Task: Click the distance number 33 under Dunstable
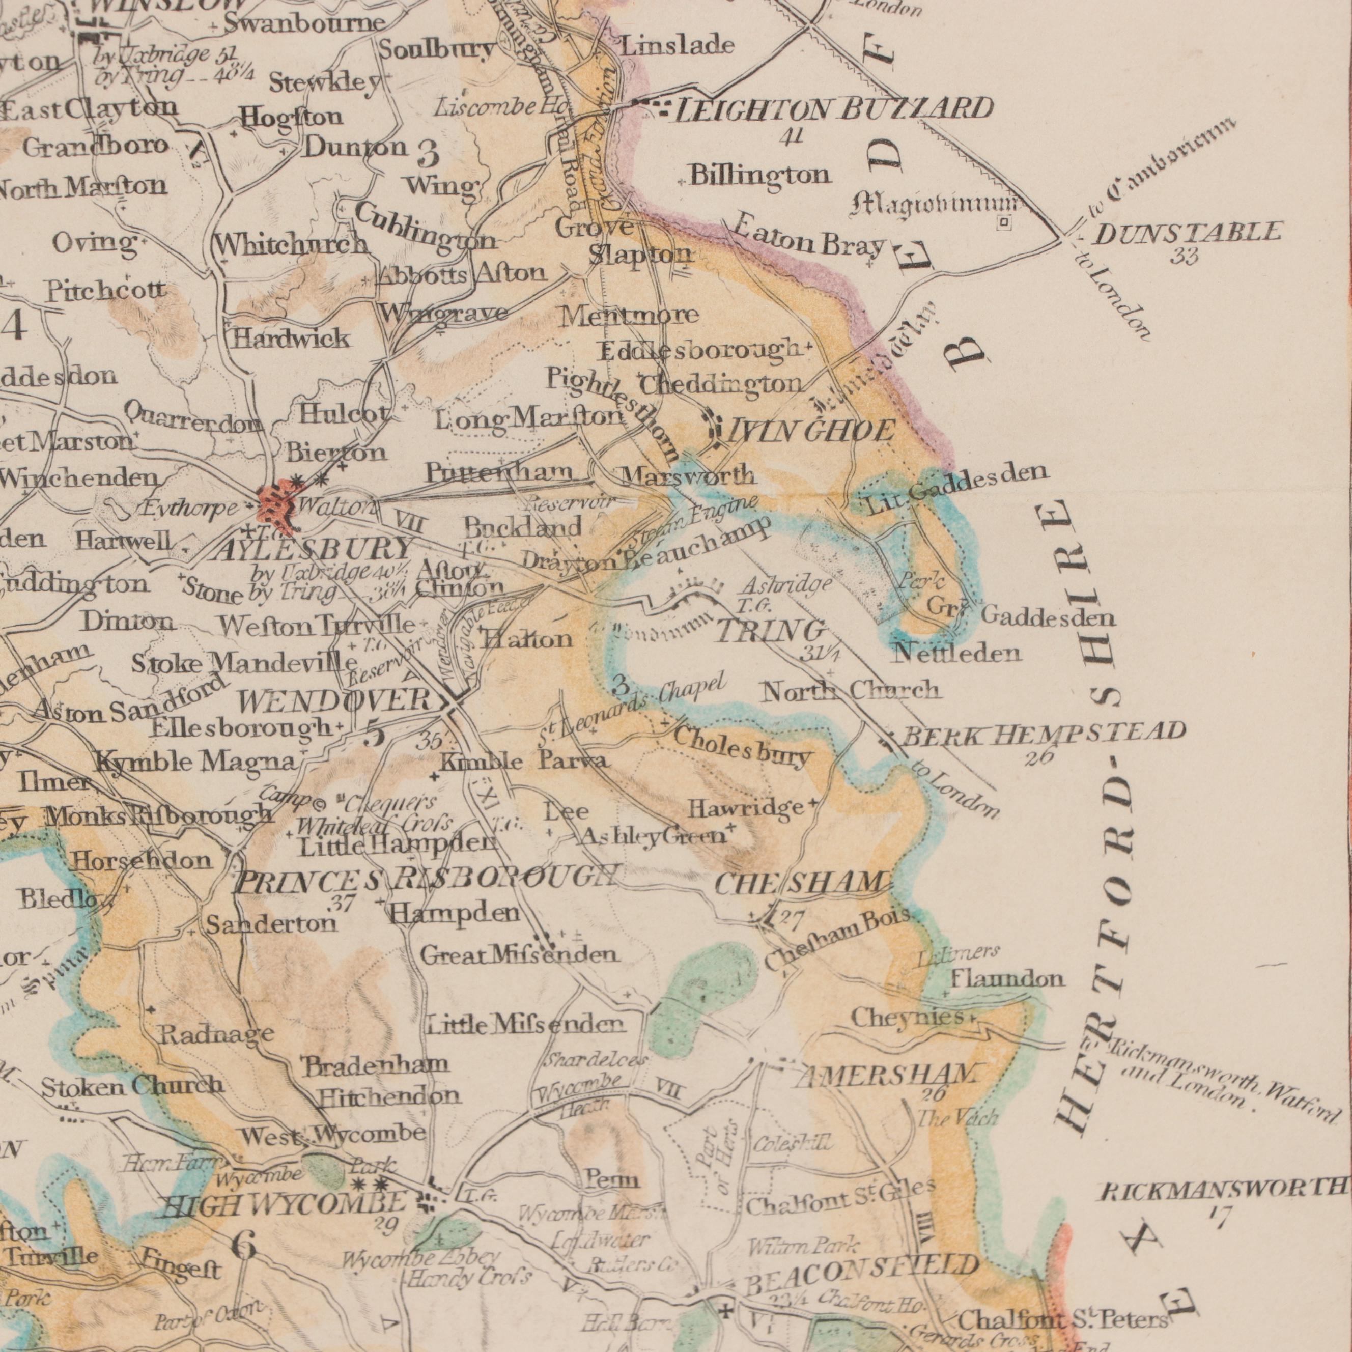tap(1186, 258)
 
